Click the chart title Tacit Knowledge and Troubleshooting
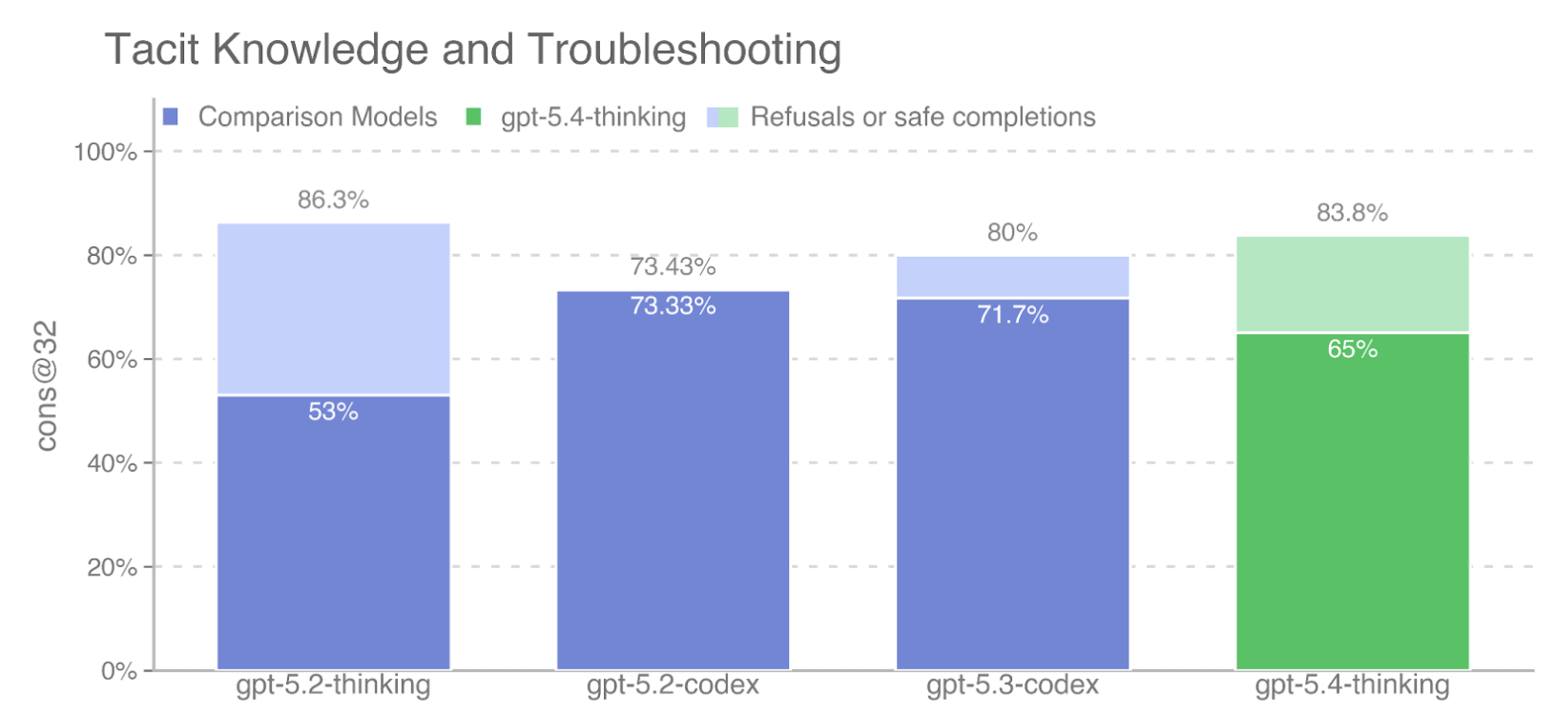[472, 50]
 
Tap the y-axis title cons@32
[46, 386]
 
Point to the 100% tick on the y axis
[105, 152]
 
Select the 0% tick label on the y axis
[118, 671]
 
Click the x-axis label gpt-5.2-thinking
[333, 686]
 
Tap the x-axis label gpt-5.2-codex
[673, 686]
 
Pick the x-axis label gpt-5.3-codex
[1012, 686]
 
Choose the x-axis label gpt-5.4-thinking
[1352, 686]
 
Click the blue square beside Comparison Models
[171, 117]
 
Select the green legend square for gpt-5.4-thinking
[473, 117]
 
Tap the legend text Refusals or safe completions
[923, 117]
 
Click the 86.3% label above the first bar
[333, 200]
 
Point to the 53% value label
[333, 412]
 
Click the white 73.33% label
[673, 306]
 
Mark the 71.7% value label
[1012, 314]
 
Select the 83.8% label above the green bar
[1352, 213]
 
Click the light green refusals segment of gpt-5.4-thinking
[1352, 285]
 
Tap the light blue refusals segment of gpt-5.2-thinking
[333, 309]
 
